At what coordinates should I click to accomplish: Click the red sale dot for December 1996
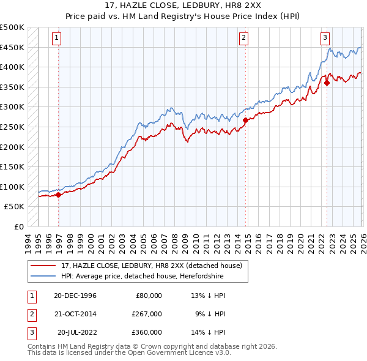pos(59,195)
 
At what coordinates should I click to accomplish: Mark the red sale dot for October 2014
pos(245,121)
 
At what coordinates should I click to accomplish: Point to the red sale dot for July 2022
pos(327,83)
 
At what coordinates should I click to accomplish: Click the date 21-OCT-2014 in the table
pos(75,314)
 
